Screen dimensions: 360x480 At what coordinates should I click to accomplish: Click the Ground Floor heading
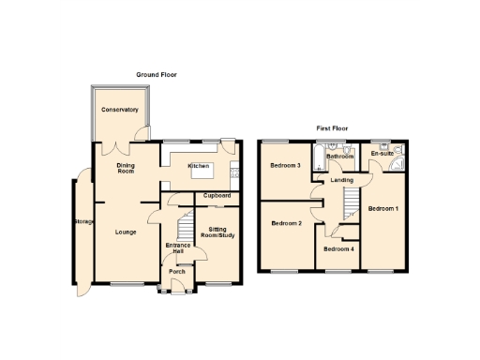point(156,74)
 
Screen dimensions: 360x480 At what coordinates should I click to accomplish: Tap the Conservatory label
point(120,110)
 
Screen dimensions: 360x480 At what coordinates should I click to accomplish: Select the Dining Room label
point(126,169)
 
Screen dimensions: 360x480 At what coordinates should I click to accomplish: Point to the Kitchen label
point(198,166)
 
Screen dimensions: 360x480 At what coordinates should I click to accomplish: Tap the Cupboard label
point(217,195)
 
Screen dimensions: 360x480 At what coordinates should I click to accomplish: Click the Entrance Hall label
point(175,248)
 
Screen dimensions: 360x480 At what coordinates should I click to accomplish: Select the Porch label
point(177,271)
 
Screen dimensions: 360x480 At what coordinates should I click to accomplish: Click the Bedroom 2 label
point(286,223)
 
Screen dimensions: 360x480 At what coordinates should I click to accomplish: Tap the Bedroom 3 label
point(285,165)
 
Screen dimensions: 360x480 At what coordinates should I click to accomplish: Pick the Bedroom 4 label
point(338,248)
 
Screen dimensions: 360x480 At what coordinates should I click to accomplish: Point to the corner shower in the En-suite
point(399,160)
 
